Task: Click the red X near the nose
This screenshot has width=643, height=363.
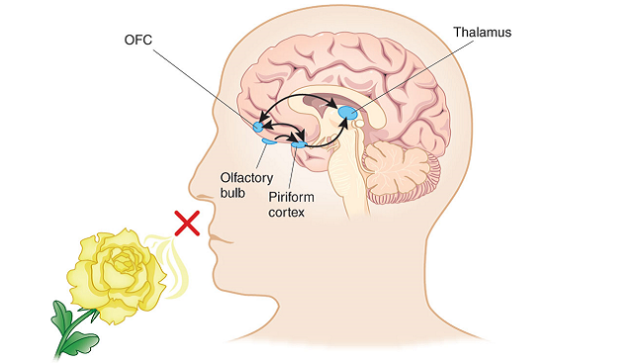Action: click(186, 224)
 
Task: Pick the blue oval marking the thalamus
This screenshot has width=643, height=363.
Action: click(349, 115)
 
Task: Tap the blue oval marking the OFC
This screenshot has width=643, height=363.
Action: click(259, 127)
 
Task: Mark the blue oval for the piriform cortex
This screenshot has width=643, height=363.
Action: click(299, 145)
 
